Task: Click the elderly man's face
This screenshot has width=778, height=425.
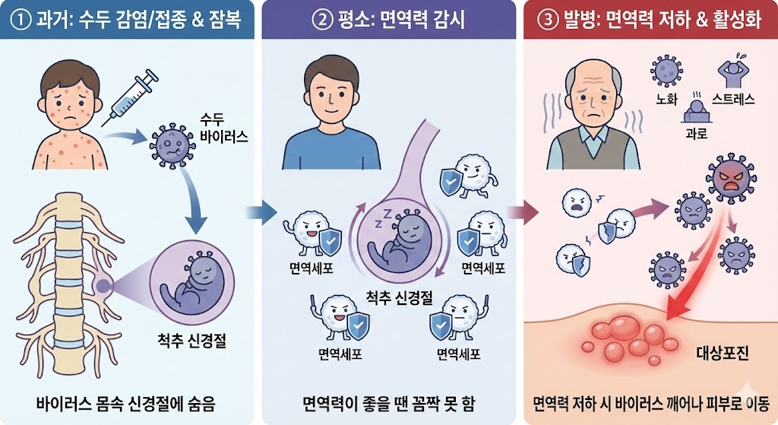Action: click(x=597, y=94)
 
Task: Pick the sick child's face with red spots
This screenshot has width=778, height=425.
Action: click(x=68, y=99)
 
